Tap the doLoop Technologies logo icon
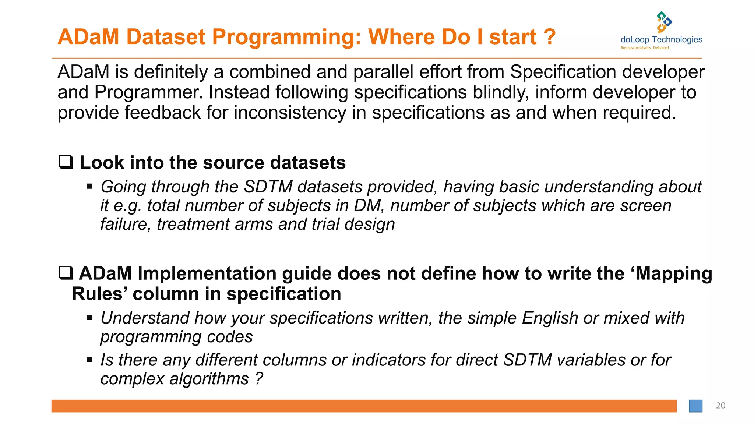(x=664, y=22)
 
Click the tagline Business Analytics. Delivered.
(x=645, y=48)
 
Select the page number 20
(x=720, y=406)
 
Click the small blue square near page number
(x=695, y=406)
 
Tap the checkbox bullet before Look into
(x=66, y=162)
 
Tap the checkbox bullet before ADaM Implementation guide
(x=66, y=273)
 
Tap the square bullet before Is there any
(x=90, y=360)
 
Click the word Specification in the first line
(x=563, y=72)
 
